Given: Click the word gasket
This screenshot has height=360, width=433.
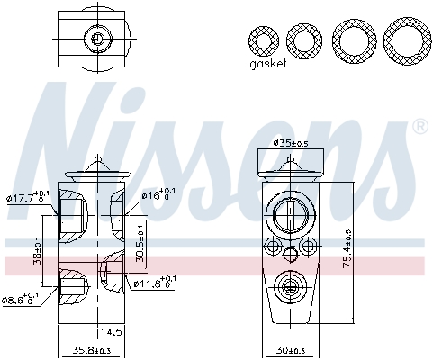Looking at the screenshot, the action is [x=268, y=64].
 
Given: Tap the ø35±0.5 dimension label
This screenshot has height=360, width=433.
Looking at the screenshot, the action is [x=291, y=143].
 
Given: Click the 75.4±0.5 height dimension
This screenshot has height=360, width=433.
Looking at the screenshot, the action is [x=347, y=248].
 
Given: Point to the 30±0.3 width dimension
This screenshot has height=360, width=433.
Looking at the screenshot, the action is [x=291, y=350].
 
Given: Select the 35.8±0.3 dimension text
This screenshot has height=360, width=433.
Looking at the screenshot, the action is [x=91, y=350].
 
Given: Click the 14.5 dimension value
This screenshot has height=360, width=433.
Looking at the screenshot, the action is [x=111, y=332].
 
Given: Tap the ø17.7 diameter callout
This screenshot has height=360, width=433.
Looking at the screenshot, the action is [x=27, y=197].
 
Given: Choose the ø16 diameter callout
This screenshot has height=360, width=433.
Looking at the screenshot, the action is [x=158, y=195].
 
